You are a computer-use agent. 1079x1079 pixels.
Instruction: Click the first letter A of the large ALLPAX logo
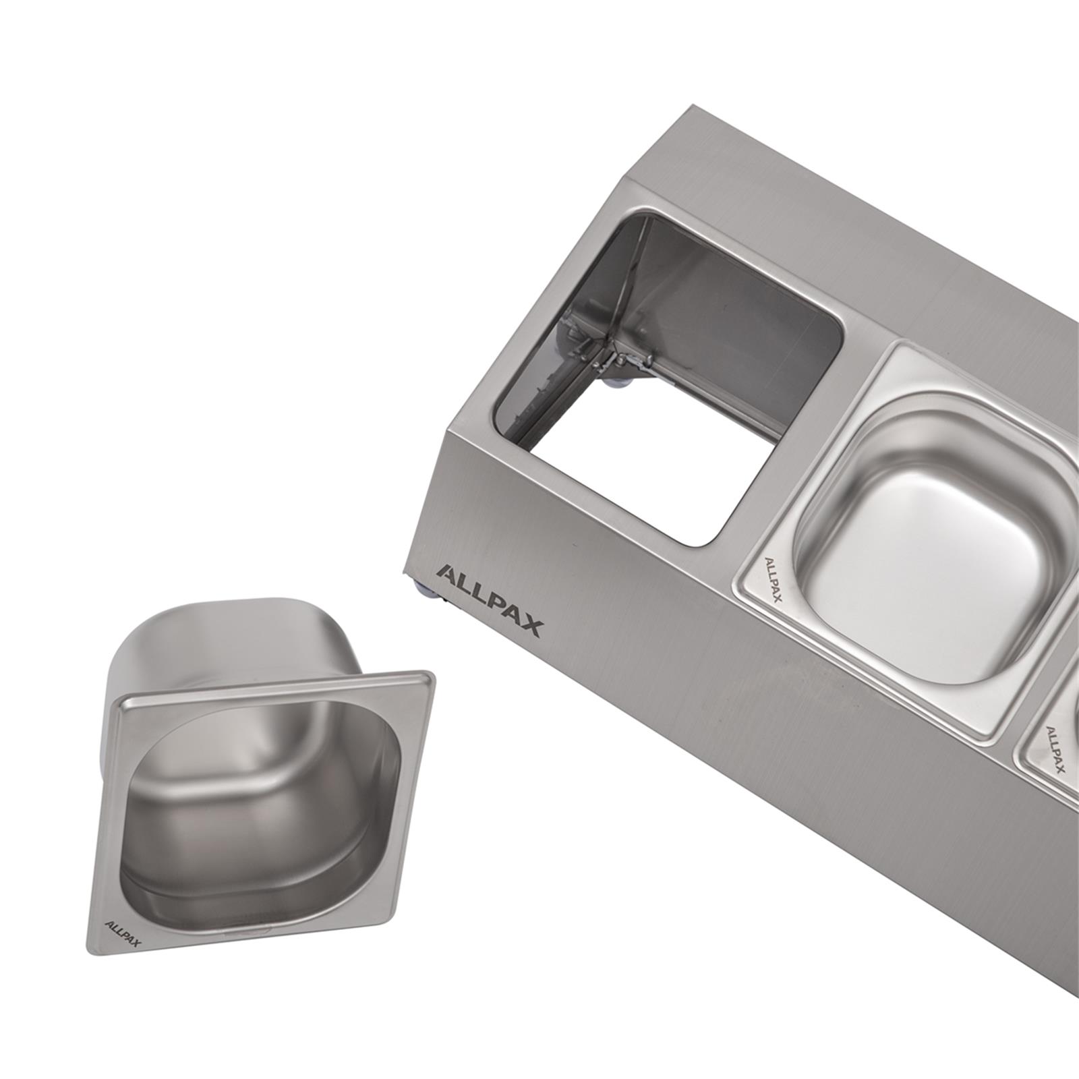tap(446, 575)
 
